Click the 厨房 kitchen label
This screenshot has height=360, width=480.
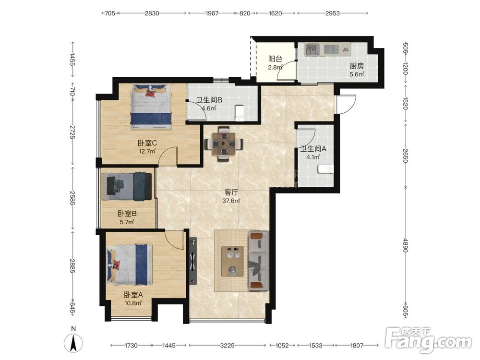[x=357, y=66]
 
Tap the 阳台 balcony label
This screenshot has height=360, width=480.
[x=275, y=59]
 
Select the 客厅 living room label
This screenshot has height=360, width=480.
[x=231, y=192]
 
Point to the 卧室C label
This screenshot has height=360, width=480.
[x=147, y=143]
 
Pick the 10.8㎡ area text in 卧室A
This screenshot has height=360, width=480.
[x=133, y=303]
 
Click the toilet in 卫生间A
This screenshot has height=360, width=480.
[x=325, y=168]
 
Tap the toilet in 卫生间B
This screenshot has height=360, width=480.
[x=240, y=113]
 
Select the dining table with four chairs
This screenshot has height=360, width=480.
[x=224, y=143]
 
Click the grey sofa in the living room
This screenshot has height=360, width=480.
[x=259, y=260]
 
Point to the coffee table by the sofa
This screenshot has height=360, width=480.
[x=233, y=261]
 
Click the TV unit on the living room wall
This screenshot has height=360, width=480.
[x=192, y=261]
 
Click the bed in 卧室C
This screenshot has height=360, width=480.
[x=151, y=107]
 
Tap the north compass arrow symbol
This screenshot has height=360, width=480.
[x=73, y=343]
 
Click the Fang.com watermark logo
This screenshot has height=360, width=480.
[x=428, y=340]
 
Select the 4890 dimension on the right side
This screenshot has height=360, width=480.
[x=406, y=245]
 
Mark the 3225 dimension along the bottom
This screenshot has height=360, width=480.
[x=227, y=345]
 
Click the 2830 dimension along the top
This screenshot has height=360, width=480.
[x=152, y=13]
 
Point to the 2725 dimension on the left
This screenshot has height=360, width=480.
[x=72, y=132]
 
